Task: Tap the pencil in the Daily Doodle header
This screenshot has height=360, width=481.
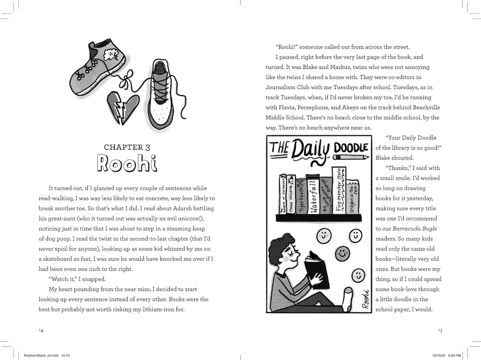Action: point(350,157)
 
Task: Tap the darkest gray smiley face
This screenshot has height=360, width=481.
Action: point(342,254)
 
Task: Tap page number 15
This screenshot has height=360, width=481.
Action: point(439,330)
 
